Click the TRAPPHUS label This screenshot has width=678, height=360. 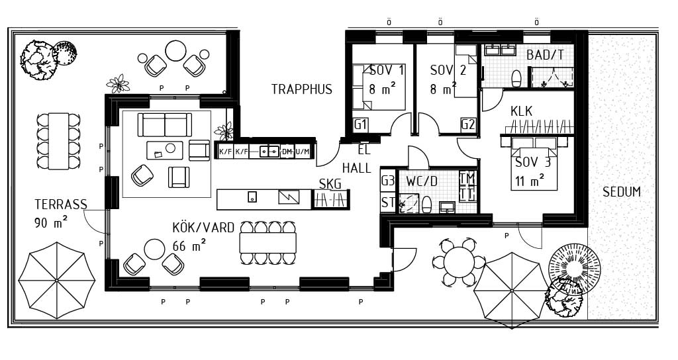[302, 89]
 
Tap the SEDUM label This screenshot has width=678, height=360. [621, 192]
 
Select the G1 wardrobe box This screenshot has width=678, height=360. [361, 125]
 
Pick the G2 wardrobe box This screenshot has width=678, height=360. [468, 125]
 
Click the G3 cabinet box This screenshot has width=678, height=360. [388, 180]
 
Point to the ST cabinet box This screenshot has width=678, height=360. [388, 202]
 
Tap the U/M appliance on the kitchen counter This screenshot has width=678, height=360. [303, 152]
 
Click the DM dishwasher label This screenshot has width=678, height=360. [287, 152]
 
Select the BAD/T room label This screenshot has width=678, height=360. [545, 55]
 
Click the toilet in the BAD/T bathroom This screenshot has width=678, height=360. [516, 78]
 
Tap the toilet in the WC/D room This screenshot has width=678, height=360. [426, 204]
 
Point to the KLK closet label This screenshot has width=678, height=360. [522, 111]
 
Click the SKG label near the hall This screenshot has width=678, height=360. [330, 184]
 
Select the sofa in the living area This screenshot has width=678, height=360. [165, 125]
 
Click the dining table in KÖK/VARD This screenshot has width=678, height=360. [268, 243]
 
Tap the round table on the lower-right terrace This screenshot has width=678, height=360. [460, 261]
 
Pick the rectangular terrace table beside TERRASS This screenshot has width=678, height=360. [58, 142]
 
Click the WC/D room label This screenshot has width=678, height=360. [422, 181]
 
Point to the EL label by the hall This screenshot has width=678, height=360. [364, 150]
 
